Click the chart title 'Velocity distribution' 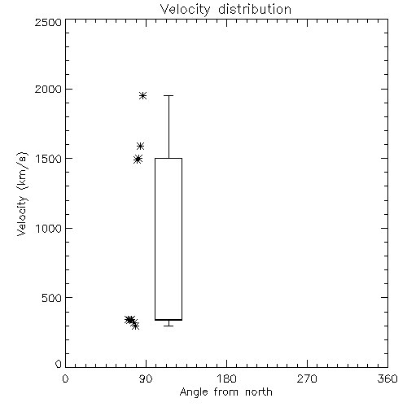point(225,10)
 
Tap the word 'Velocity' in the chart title point(185,10)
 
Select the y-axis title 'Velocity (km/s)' point(22,194)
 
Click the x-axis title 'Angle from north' point(225,392)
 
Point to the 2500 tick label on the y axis point(48,22)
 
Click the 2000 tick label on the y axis point(48,89)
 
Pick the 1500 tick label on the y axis point(49,159)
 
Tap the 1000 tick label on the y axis point(49,228)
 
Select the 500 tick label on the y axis point(52,298)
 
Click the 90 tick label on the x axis point(146,379)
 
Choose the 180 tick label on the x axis point(226,379)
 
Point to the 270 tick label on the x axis point(307,379)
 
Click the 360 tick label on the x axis point(387,379)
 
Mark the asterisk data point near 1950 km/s point(143,95)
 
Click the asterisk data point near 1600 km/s point(140,147)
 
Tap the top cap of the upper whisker point(168,95)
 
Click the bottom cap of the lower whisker point(168,326)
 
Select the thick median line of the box point(168,320)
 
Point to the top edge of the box point(168,158)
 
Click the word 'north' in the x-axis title point(259,392)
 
